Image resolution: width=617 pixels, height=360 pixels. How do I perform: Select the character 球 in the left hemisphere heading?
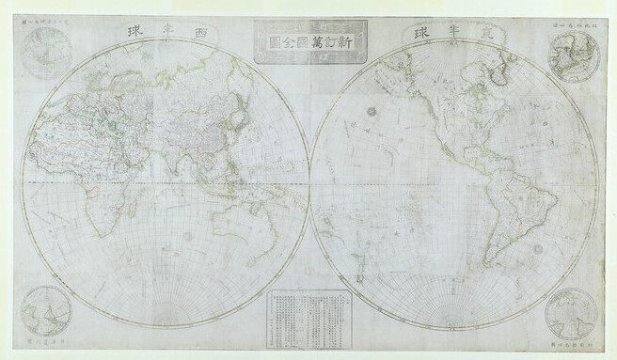click(x=125, y=35)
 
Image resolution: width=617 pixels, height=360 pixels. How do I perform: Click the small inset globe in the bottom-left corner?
click(x=46, y=310)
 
